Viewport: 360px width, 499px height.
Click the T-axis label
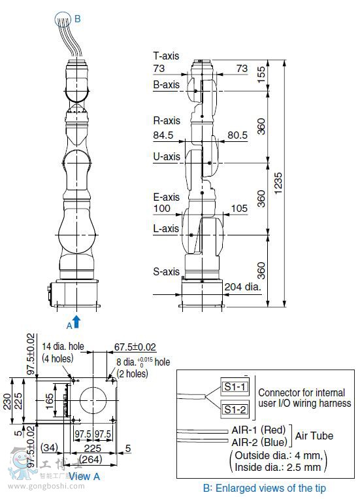click(166, 56)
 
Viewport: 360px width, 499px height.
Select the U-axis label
click(167, 157)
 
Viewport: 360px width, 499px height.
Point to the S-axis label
click(166, 271)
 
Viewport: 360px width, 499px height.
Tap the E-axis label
click(166, 197)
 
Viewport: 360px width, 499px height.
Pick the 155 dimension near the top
click(261, 73)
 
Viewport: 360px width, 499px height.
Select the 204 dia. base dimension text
click(242, 286)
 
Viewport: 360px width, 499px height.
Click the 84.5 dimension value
click(164, 135)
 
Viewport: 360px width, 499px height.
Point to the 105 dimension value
click(239, 209)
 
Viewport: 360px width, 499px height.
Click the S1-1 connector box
click(235, 387)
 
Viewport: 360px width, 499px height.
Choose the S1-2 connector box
click(235, 409)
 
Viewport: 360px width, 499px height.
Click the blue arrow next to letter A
click(76, 321)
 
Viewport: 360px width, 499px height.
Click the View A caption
click(84, 476)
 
